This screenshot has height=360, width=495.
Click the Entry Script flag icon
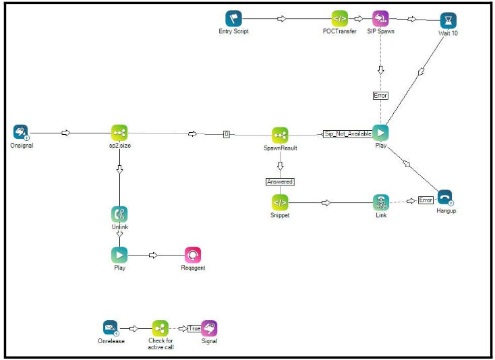233,19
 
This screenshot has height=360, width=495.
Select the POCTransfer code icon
339,19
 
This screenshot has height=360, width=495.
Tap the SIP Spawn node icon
381,19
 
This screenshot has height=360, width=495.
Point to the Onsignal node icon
21,132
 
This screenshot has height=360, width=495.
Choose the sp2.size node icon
119,133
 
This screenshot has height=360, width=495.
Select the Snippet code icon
280,202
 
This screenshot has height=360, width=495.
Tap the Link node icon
381,202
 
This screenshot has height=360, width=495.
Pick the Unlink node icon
119,214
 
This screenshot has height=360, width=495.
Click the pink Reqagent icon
193,256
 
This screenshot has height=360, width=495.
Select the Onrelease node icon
111,328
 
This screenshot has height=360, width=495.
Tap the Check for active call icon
160,328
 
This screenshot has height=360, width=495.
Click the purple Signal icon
209,328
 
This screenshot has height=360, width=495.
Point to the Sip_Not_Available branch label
347,133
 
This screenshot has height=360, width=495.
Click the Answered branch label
280,181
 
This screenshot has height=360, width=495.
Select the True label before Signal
194,328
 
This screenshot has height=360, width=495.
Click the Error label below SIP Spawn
381,96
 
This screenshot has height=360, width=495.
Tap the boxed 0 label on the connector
227,134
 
